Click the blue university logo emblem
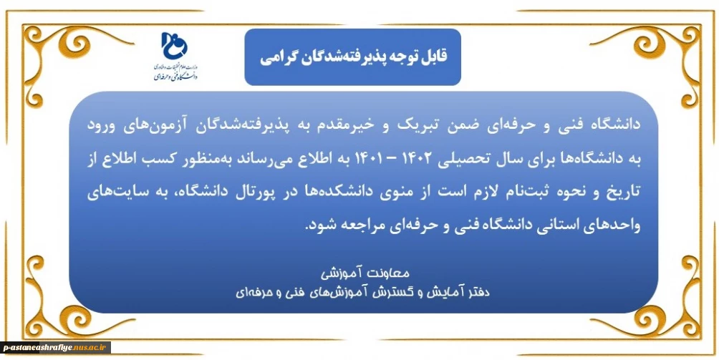175,46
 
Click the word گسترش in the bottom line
397,292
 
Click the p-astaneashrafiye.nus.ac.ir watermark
55,348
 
